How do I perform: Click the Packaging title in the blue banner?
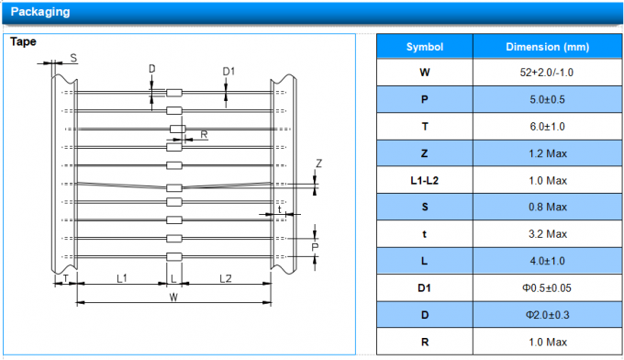(40, 12)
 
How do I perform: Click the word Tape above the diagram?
(23, 41)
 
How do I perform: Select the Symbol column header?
(425, 47)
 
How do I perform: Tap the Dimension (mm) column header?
(547, 47)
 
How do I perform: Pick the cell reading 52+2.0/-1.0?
(547, 73)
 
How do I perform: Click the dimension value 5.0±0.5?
(547, 99)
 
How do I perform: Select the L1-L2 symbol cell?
(425, 181)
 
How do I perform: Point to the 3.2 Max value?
(548, 234)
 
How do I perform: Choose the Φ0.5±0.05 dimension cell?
(547, 288)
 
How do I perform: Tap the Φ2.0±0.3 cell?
(547, 315)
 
